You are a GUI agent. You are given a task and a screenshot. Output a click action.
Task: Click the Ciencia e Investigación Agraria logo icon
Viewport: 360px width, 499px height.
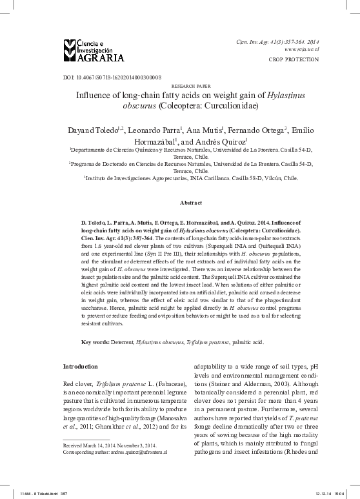70,48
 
